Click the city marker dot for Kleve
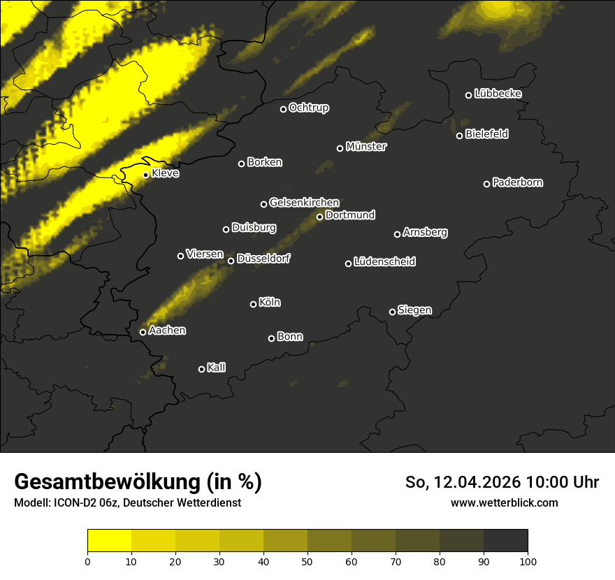145,175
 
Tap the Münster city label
366,147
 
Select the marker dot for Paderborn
487,184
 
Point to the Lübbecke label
498,94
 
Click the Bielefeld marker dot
460,136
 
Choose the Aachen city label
167,331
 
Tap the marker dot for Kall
202,369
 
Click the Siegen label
414,310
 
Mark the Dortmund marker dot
320,217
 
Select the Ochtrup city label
309,108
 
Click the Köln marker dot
254,304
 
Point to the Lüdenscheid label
384,262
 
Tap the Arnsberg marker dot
398,234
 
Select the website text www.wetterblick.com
505,502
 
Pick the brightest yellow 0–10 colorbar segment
110,541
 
